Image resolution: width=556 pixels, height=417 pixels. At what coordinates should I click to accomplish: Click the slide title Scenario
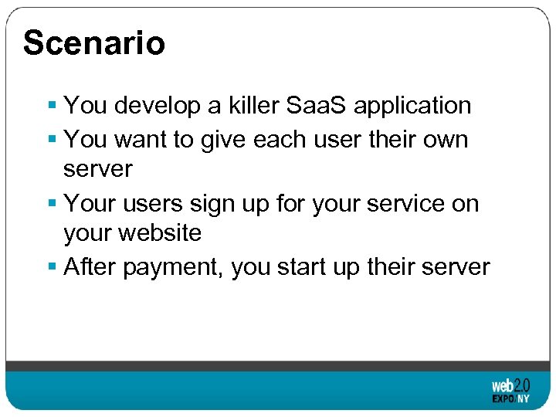click(93, 43)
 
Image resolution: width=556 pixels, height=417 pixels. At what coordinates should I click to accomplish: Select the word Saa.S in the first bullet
click(319, 105)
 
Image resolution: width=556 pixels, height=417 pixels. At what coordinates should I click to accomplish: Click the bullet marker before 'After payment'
click(52, 267)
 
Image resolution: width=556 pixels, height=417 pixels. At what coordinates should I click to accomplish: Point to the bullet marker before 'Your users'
click(52, 204)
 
